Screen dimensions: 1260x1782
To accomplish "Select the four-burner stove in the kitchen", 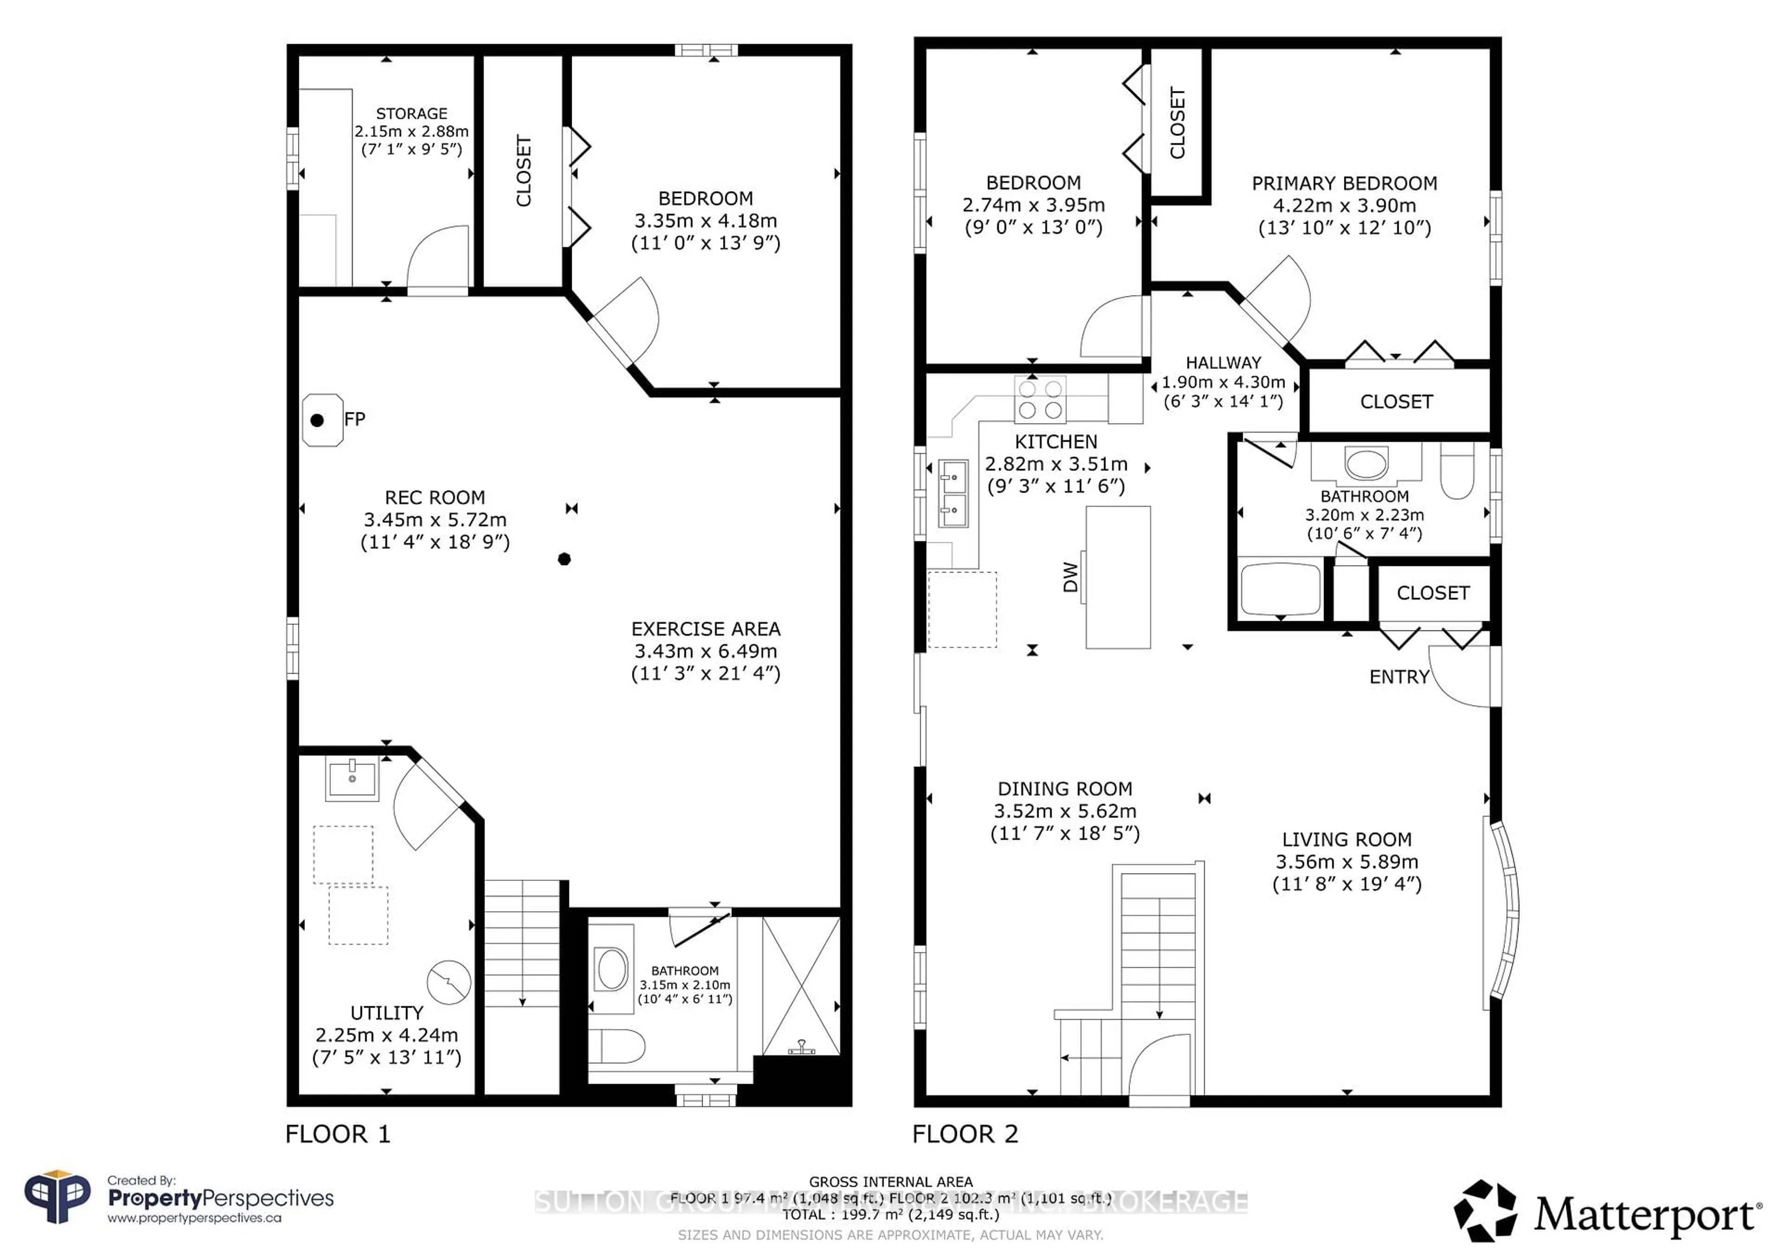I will click(1040, 399).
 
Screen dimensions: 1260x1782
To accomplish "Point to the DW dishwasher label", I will click(1070, 577).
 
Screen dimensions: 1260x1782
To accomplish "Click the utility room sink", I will click(352, 778).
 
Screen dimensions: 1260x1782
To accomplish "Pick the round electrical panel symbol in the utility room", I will click(449, 982).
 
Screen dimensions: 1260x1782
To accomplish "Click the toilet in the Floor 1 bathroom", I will click(616, 1046).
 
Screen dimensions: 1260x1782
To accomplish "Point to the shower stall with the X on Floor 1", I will click(801, 985).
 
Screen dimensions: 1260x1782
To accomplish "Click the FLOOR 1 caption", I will click(338, 1134).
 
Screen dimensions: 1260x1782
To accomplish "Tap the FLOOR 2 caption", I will click(965, 1134).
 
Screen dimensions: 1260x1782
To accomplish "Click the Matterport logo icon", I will click(1485, 1211).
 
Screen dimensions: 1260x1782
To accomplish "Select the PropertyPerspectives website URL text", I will click(194, 1218).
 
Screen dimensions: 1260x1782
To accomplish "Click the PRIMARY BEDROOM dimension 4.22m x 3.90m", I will click(1344, 206).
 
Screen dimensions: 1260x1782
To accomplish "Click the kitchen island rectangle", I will click(1117, 577).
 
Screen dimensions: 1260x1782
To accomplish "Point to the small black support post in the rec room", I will click(564, 559).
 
